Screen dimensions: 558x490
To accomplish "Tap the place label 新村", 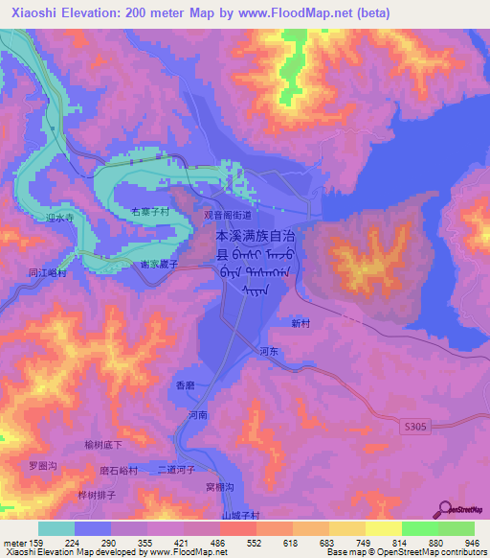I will point(301,324).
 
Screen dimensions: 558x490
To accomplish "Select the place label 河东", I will point(269,352).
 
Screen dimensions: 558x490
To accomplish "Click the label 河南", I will point(198,415).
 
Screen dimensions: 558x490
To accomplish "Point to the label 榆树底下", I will point(103,445).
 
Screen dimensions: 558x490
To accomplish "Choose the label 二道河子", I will point(177,471).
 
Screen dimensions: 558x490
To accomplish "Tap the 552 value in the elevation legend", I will point(253,544).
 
